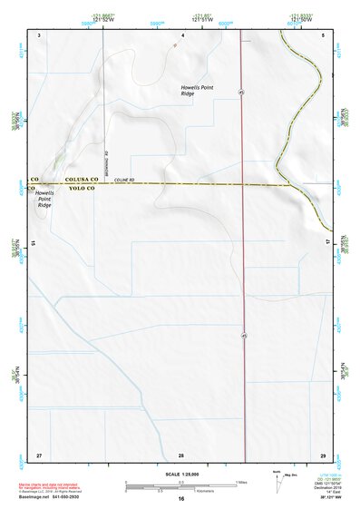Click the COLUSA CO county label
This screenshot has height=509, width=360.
(x=80, y=179)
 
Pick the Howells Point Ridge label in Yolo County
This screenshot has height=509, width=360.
(x=44, y=199)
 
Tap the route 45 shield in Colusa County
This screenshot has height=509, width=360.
(x=242, y=92)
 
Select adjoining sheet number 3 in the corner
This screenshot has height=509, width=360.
(x=39, y=34)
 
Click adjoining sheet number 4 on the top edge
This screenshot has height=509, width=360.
(x=182, y=34)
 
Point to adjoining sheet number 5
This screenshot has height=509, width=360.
(x=323, y=34)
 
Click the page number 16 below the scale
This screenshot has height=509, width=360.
(x=181, y=499)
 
